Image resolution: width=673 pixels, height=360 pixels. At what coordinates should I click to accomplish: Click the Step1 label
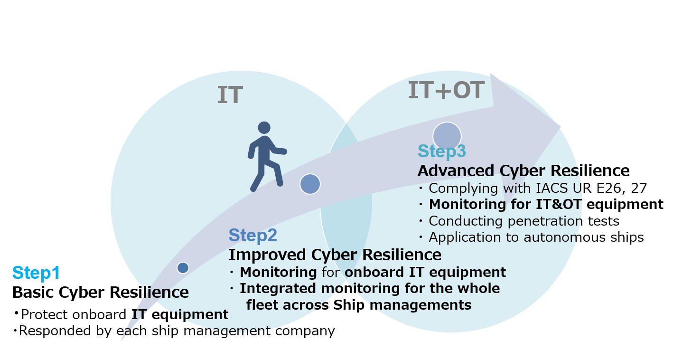click(36, 273)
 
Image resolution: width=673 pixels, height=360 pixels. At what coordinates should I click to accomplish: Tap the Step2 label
click(252, 235)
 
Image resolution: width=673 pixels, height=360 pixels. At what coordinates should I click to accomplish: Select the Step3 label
click(442, 151)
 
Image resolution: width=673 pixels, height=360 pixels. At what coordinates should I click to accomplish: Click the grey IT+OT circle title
click(446, 90)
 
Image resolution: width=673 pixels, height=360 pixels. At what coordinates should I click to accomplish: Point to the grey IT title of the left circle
click(230, 95)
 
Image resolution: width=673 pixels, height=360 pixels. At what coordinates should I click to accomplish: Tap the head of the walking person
click(264, 128)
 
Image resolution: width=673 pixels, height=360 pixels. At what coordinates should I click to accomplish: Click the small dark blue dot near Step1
click(183, 268)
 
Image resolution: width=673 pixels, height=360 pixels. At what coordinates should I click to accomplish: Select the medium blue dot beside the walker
click(310, 184)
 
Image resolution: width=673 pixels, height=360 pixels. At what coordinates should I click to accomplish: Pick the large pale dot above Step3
click(447, 136)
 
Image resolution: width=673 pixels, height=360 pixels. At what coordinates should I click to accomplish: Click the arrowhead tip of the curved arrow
click(561, 127)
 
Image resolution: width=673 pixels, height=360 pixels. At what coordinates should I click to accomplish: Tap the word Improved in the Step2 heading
click(267, 255)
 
